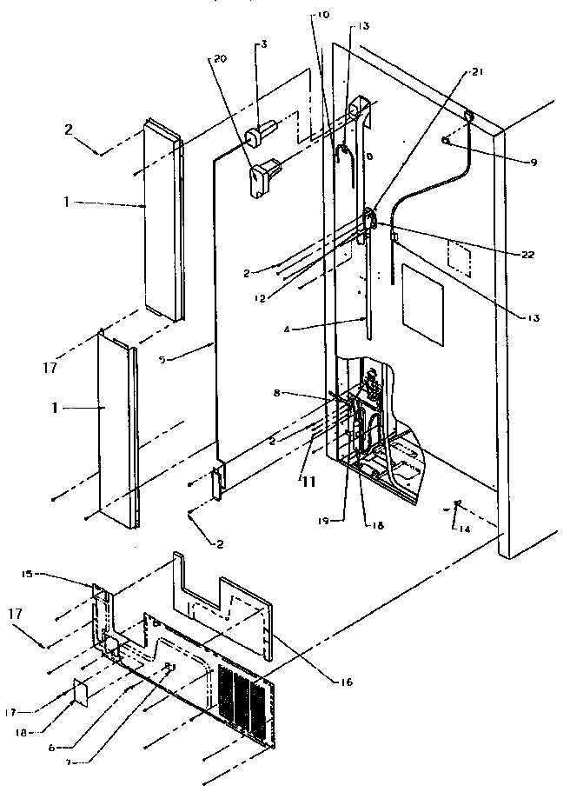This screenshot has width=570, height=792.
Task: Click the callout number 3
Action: click(258, 43)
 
